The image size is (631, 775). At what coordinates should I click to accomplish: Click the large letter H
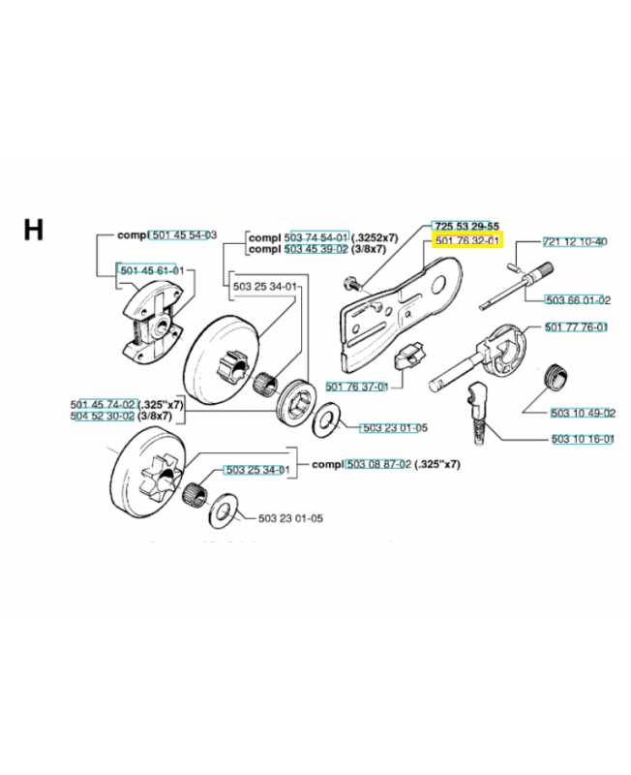[33, 230]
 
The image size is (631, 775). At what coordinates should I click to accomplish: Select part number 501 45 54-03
[184, 235]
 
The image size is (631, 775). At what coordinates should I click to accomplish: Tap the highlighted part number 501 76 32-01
[467, 241]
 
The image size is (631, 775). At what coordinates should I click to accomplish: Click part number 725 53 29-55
[467, 227]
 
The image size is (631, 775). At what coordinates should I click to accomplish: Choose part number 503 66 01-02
[578, 300]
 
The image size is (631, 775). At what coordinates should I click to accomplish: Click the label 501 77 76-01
[576, 327]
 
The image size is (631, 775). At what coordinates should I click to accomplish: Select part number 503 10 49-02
[584, 413]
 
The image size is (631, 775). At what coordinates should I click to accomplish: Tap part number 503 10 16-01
[583, 439]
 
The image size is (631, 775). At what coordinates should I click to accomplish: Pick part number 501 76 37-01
[357, 387]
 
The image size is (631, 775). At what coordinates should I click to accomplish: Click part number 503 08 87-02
[378, 465]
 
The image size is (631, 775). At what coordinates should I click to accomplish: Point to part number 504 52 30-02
[103, 417]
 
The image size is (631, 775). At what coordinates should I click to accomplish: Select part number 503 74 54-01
[316, 237]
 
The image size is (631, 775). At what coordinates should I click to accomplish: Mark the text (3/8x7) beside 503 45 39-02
[369, 249]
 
